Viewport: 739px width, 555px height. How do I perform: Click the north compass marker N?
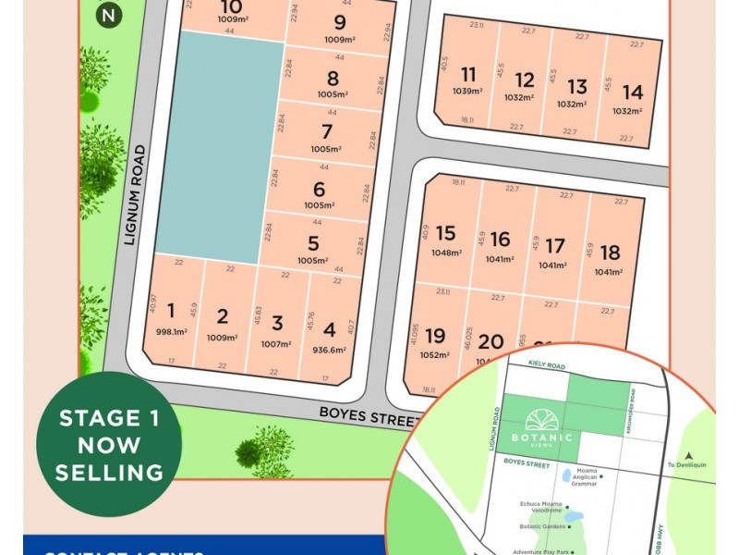point(111,15)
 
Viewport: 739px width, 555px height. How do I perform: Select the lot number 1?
point(171,311)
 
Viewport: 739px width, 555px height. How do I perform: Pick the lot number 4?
point(330,327)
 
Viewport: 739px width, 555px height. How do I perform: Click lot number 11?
point(468,75)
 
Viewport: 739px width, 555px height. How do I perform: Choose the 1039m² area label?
point(468,92)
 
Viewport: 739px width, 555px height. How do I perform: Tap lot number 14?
point(633,92)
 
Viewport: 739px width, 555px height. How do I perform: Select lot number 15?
point(446,234)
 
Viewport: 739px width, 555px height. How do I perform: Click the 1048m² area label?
point(446,253)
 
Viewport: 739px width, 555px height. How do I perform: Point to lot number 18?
point(609,253)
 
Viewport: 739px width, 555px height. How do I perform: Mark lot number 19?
point(435,336)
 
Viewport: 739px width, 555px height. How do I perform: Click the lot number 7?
point(326,131)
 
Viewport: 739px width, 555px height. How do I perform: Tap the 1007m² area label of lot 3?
point(277,344)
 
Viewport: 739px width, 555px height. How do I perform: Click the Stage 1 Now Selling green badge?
point(109,444)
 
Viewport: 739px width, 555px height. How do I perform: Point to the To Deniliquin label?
point(685,464)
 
